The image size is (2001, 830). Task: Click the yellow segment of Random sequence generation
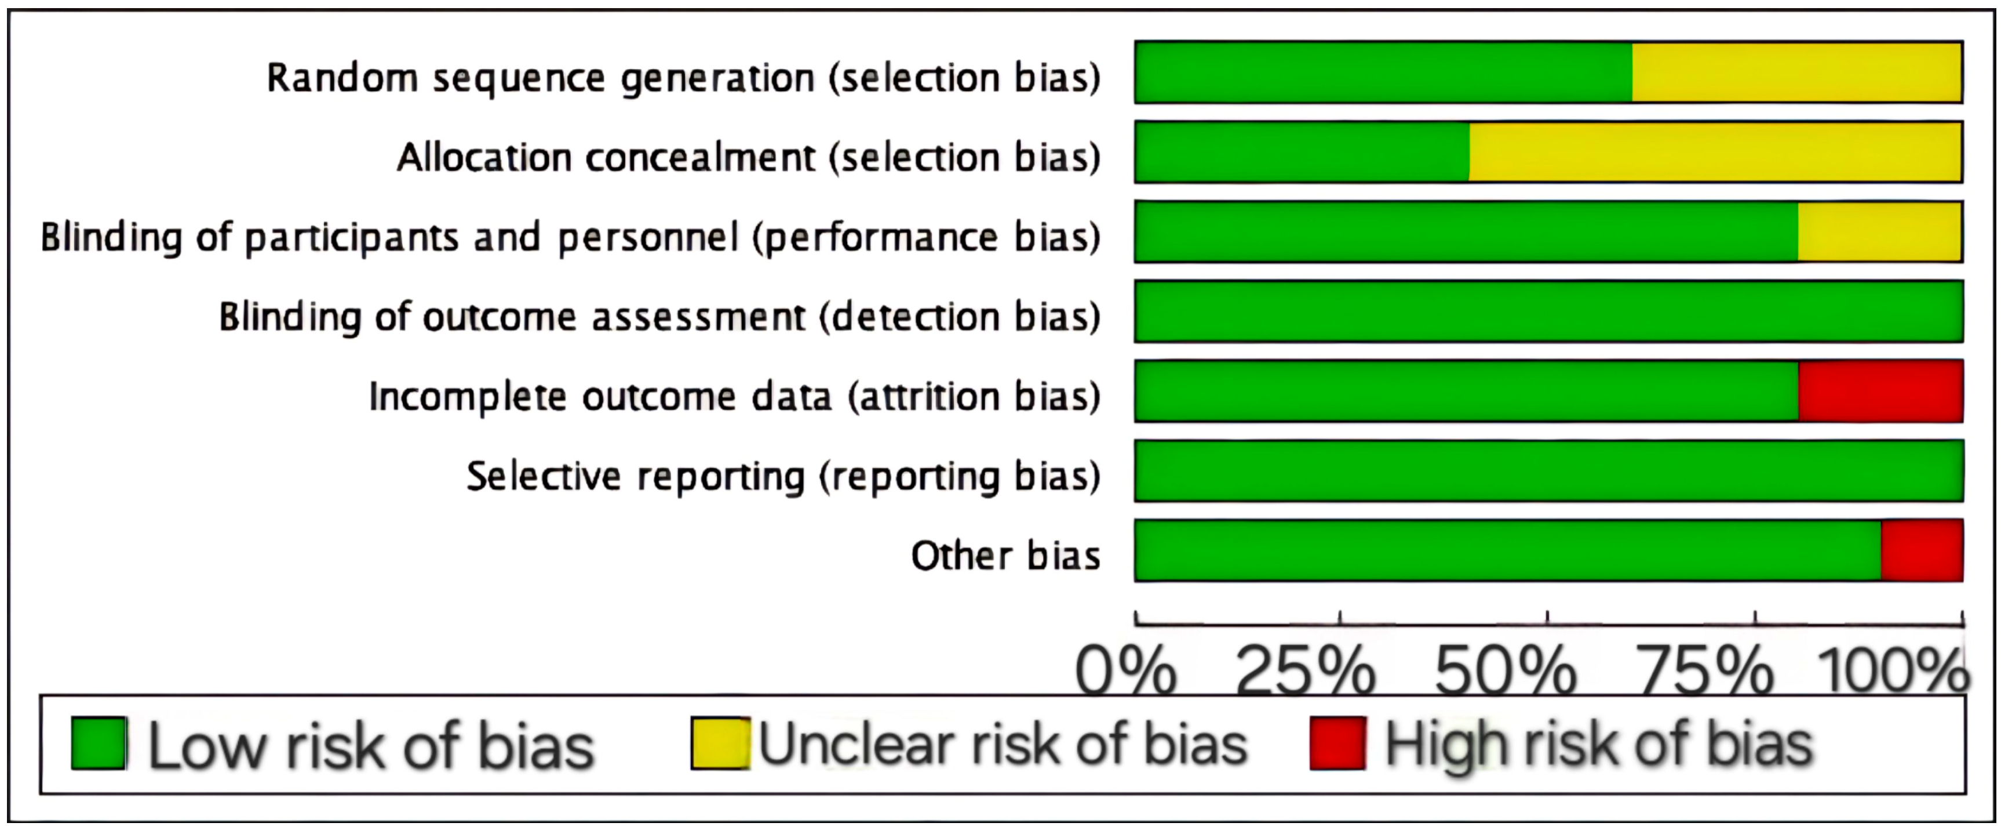pyautogui.click(x=1796, y=73)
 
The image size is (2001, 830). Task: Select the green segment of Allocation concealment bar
pyautogui.click(x=1302, y=153)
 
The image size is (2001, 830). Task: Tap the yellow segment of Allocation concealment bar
pyautogui.click(x=1715, y=153)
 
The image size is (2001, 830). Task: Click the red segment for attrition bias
pyautogui.click(x=1880, y=391)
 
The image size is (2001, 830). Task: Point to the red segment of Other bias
pyautogui.click(x=1922, y=551)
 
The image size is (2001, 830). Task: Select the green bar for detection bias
pyautogui.click(x=1548, y=311)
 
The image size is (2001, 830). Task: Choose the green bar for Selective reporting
pyautogui.click(x=1548, y=471)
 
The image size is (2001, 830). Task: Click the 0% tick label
pyautogui.click(x=1125, y=670)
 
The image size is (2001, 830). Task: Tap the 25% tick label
pyautogui.click(x=1306, y=670)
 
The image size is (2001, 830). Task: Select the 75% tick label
pyautogui.click(x=1704, y=670)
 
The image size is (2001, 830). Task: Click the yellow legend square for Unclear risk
pyautogui.click(x=720, y=744)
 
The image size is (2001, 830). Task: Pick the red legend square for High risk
pyautogui.click(x=1337, y=744)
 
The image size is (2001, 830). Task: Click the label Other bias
pyautogui.click(x=1005, y=556)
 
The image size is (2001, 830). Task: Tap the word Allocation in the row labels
pyautogui.click(x=484, y=158)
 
